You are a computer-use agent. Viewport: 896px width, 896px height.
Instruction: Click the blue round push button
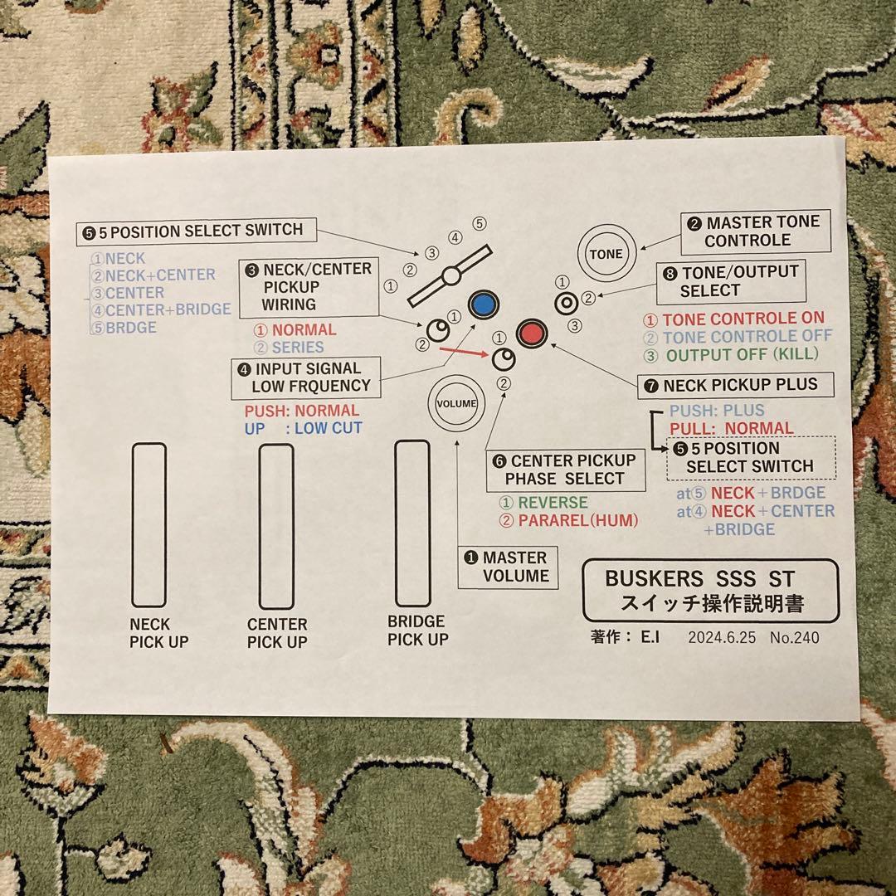tap(481, 305)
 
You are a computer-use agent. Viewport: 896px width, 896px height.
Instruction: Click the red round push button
tap(531, 334)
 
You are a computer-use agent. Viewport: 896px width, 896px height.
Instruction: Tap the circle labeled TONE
tap(605, 253)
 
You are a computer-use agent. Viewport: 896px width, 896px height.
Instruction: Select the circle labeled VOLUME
tap(456, 403)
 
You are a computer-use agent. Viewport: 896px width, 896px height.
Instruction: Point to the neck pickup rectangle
tap(149, 524)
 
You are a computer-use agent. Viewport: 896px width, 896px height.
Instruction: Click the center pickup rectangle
tap(276, 526)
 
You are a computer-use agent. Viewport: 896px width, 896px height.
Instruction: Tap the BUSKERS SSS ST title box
tap(710, 590)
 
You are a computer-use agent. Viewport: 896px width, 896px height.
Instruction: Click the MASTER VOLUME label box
tap(508, 567)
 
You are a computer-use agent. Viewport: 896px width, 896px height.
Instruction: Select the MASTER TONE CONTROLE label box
tap(755, 231)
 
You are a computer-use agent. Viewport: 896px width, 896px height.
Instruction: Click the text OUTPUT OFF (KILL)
tap(743, 355)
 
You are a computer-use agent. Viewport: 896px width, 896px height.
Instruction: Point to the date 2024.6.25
tap(722, 638)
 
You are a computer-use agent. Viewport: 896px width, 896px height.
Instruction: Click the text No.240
tap(794, 638)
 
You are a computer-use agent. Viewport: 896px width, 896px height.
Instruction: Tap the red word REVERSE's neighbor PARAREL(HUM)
tap(577, 521)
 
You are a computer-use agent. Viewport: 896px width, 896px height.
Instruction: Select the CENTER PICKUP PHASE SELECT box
tap(566, 470)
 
